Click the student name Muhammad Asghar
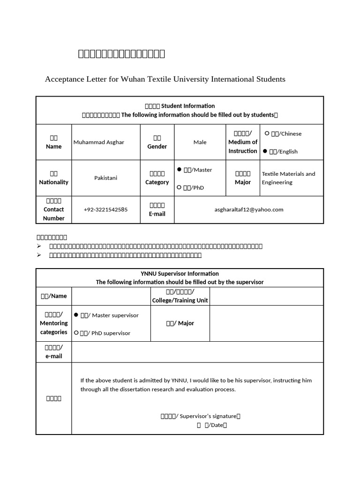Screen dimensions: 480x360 [x=98, y=142]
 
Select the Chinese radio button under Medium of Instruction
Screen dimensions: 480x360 [x=267, y=134]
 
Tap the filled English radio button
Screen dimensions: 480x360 [x=265, y=151]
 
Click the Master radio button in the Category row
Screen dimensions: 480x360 [x=180, y=169]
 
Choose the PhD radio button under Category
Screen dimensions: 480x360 [x=180, y=187]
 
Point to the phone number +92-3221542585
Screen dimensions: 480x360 [x=105, y=210]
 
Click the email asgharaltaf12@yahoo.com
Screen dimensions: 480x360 [x=248, y=210]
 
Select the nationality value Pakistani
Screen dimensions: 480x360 [x=105, y=178]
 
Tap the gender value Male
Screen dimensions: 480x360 [x=200, y=142]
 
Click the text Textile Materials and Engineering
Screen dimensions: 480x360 [x=288, y=178]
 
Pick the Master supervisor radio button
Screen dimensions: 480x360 [x=76, y=315]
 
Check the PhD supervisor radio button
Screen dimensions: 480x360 [x=76, y=333]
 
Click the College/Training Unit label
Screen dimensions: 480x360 [x=180, y=300]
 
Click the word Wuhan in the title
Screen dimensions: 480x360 [x=133, y=79]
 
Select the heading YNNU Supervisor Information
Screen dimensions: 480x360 [x=180, y=273]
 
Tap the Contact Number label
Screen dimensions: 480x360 [x=53, y=214]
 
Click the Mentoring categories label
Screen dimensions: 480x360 [x=53, y=323]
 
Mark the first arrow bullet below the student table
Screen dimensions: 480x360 [x=39, y=246]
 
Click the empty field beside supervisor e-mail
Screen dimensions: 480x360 [x=197, y=352]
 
